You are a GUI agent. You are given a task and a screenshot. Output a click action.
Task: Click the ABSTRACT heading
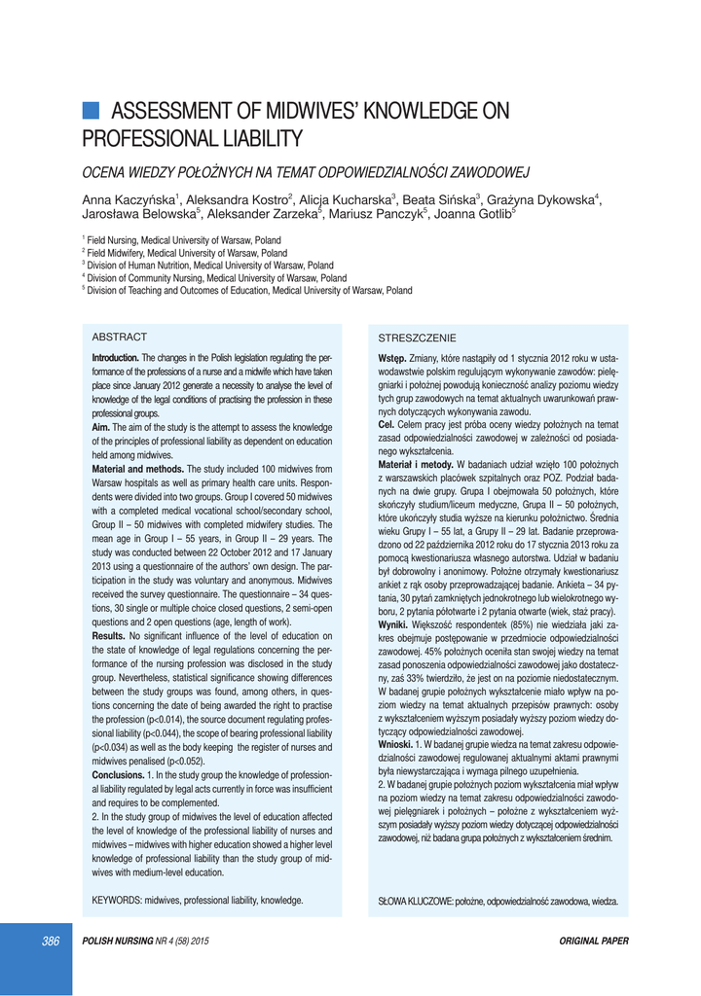[x=119, y=337]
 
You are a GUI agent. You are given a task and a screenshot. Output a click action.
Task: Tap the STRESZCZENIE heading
[x=417, y=338]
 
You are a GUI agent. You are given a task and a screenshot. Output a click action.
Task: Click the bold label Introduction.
[x=116, y=358]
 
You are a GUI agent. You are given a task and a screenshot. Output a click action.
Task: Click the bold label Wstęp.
[x=391, y=359]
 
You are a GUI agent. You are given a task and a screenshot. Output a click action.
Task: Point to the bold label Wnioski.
[x=396, y=744]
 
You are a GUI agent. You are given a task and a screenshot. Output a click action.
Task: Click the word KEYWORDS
[x=116, y=901]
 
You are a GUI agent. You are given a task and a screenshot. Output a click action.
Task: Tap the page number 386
[x=50, y=941]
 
